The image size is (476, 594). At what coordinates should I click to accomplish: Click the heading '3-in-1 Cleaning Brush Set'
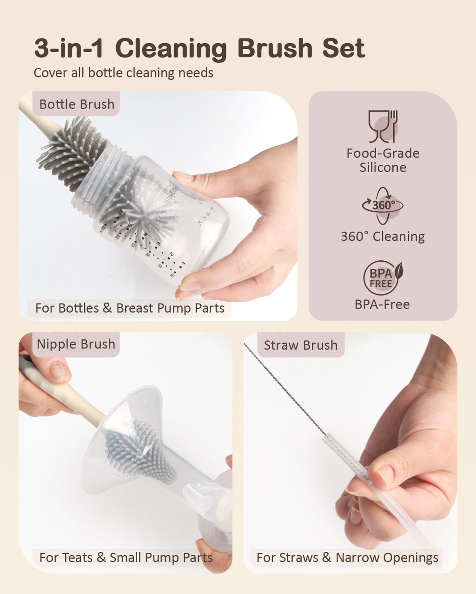pos(200,48)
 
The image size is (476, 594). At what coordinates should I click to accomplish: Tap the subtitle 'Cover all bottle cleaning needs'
pos(123,73)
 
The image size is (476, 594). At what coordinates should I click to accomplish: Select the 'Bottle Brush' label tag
pos(76,104)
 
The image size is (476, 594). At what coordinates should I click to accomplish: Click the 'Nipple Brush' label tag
pos(76,344)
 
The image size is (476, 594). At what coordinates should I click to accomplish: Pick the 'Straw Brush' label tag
pos(301,345)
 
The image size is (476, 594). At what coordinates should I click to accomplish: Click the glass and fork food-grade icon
pos(383,126)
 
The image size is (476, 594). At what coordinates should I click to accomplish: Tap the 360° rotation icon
pos(383,206)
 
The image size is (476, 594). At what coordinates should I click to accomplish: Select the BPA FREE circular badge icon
pos(383,278)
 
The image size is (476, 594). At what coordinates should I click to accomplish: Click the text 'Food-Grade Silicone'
pos(383,161)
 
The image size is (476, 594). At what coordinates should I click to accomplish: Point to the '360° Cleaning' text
pos(383,237)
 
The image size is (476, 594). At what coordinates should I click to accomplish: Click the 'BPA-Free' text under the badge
pos(382,304)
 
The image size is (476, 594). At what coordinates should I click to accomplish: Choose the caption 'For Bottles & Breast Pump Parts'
pos(130,308)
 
